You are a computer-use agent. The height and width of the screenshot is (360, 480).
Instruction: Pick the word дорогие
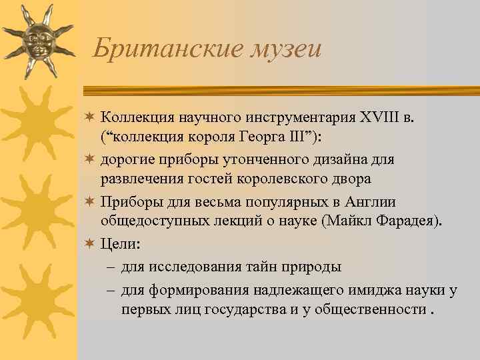[126, 160]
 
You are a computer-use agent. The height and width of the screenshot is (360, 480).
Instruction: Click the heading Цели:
[120, 244]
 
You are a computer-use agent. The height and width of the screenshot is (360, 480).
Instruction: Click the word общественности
[375, 309]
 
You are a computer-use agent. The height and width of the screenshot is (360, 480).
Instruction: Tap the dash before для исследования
[110, 267]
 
